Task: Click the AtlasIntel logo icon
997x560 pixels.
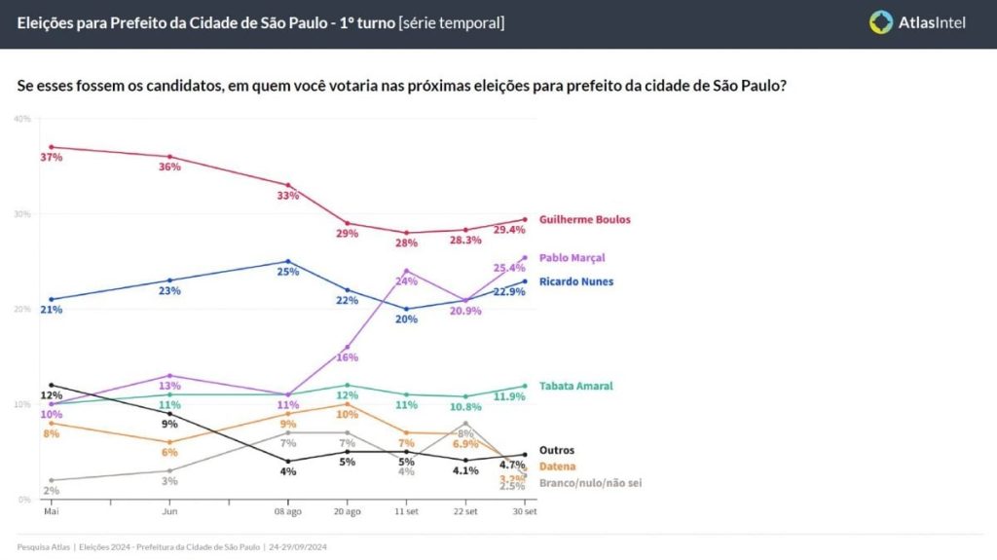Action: (x=881, y=21)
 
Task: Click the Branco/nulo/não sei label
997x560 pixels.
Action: (x=591, y=482)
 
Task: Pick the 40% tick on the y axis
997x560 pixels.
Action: (x=22, y=119)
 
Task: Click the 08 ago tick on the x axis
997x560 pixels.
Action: (x=287, y=510)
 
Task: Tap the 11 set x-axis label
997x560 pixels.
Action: (x=406, y=510)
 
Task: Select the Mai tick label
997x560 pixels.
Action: (x=51, y=510)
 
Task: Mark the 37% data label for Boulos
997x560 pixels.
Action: (x=51, y=158)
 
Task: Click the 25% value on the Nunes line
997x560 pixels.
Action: (x=288, y=273)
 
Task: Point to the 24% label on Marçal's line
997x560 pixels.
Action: (x=406, y=281)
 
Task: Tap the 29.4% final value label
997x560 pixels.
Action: (x=510, y=230)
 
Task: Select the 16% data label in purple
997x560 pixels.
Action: (x=348, y=357)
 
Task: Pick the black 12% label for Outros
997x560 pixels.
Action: (x=51, y=395)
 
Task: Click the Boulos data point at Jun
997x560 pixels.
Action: (x=170, y=157)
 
